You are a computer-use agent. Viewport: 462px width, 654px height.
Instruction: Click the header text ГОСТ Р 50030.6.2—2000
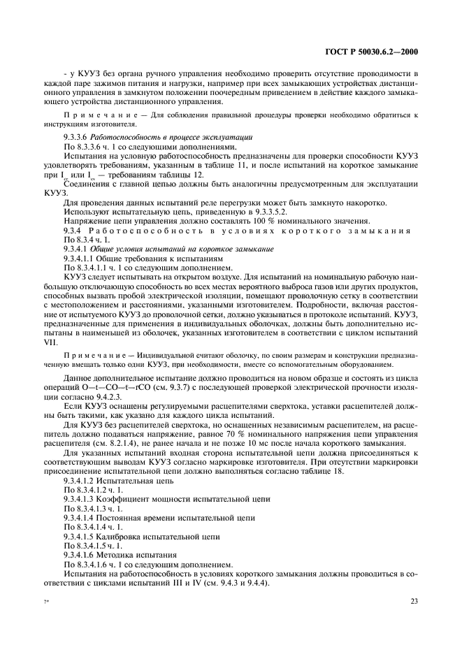tap(377, 52)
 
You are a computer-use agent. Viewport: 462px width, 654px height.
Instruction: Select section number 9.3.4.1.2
tap(82, 481)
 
